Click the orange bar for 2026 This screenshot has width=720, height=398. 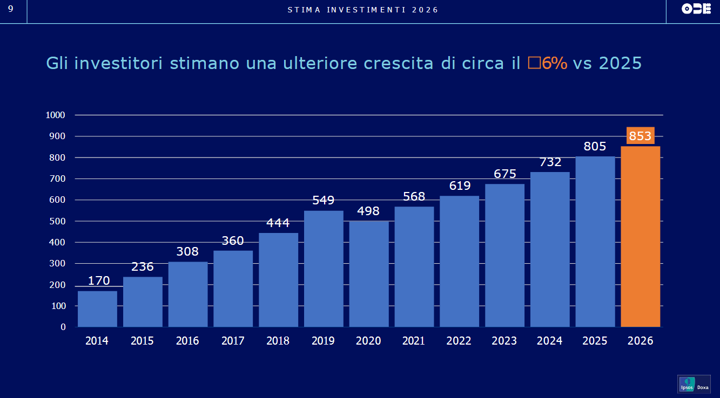[640, 237]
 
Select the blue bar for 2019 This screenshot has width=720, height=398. [324, 269]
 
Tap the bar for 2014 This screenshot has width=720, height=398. [97, 309]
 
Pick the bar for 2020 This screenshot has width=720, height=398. [369, 274]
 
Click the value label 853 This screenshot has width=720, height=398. [640, 136]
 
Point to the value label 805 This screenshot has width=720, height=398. [595, 146]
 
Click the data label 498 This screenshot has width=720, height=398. [368, 211]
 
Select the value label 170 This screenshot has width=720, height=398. [99, 280]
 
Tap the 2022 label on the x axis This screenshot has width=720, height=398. [459, 340]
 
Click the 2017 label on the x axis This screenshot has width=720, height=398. [233, 340]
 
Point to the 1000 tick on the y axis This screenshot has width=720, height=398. [55, 115]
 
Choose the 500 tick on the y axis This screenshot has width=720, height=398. [58, 221]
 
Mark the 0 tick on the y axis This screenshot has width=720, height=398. [63, 327]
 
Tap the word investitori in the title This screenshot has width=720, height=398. [119, 63]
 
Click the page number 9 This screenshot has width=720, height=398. [11, 9]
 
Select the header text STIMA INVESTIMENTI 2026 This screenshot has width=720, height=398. [363, 10]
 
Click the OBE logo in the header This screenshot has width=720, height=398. [696, 9]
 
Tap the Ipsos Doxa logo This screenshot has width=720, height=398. [694, 384]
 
